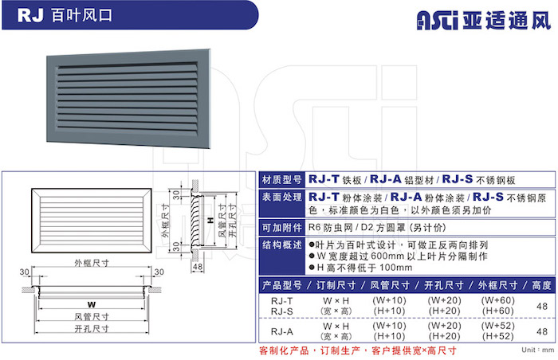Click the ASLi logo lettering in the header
pos(438,20)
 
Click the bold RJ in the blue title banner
pos(30,15)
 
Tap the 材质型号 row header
pos(282,180)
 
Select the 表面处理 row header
pos(282,197)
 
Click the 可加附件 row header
pos(282,228)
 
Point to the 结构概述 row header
pos(282,245)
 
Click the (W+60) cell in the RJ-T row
pos(498,300)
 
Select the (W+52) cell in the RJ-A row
pos(498,326)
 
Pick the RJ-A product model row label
pos(282,331)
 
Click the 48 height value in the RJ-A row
pos(541,331)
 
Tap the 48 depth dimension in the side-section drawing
pos(198,267)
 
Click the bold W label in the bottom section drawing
pos(92,304)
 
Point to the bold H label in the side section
pos(211,220)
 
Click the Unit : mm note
pos(538,350)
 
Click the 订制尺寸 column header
pos(336,285)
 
